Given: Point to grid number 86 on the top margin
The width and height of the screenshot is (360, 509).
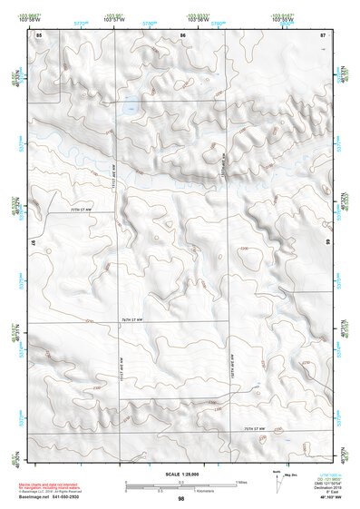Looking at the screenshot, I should click(x=182, y=34).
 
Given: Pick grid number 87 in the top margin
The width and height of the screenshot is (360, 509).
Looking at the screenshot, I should click(x=323, y=34).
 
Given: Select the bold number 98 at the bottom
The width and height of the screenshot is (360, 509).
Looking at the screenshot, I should click(x=181, y=499).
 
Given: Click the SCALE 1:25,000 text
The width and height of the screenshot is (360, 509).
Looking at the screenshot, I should click(x=180, y=474).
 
